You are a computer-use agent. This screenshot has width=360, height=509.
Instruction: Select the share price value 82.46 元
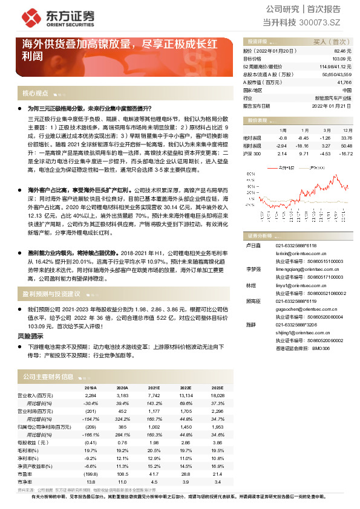pos(342,52)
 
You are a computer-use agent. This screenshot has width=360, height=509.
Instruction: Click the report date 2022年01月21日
pos(332,105)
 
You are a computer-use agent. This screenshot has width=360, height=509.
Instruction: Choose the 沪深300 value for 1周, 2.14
pos(282,154)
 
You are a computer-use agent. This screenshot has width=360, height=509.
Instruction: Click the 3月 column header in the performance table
pos(326,130)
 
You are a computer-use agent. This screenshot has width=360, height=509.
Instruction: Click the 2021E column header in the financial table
pos(154,388)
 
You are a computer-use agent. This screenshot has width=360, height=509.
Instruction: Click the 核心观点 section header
pos(35,94)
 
